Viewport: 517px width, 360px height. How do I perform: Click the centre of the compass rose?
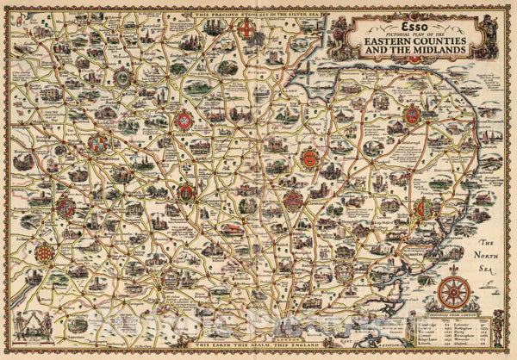(x=455, y=292)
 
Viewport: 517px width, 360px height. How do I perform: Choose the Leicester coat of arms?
(x=184, y=121)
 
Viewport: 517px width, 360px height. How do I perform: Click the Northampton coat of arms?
(x=186, y=192)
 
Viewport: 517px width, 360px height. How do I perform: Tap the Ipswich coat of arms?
(x=423, y=209)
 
